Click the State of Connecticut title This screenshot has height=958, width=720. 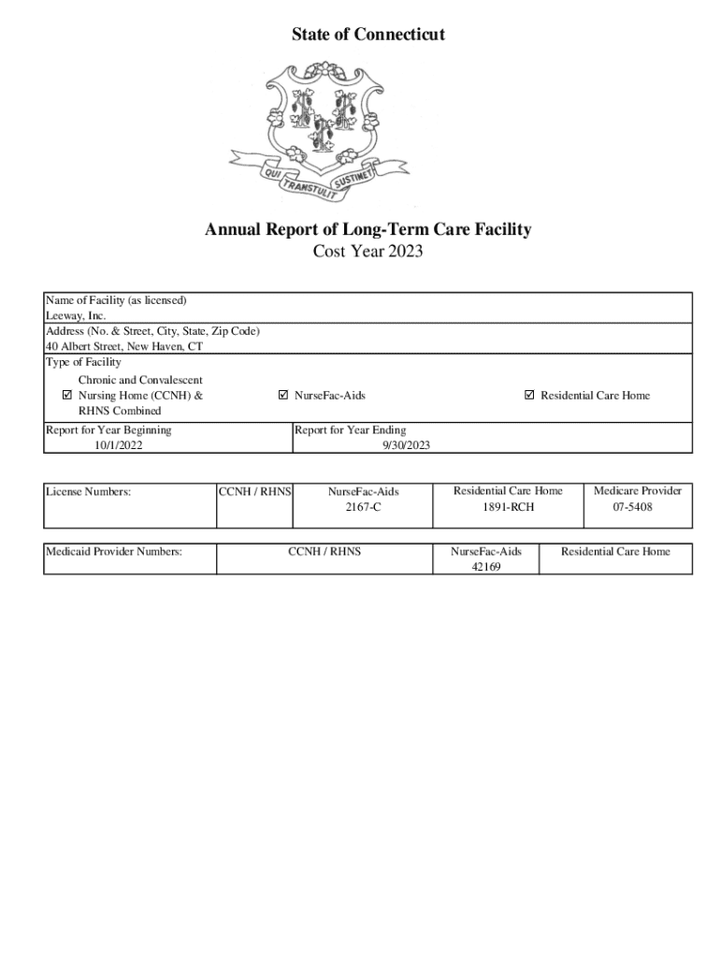click(x=367, y=36)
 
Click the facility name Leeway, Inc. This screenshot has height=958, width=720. click(x=77, y=316)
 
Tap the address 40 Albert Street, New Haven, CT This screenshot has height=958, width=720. click(x=124, y=346)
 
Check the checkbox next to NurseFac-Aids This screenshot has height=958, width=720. click(x=283, y=396)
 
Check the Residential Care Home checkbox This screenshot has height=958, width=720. click(x=530, y=396)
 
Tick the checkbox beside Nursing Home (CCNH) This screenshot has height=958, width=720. click(x=67, y=396)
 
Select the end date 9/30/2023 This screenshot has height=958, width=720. click(x=405, y=445)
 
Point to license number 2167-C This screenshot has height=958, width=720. click(x=363, y=507)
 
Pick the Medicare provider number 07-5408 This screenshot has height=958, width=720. click(x=632, y=507)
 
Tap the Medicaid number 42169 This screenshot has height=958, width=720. click(x=486, y=567)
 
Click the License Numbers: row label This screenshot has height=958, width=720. click(x=89, y=491)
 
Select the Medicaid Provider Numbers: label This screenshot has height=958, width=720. click(x=114, y=552)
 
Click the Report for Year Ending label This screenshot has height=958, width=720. click(x=351, y=430)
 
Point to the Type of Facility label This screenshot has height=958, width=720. click(x=83, y=362)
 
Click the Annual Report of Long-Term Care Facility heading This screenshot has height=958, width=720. click(x=368, y=230)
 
